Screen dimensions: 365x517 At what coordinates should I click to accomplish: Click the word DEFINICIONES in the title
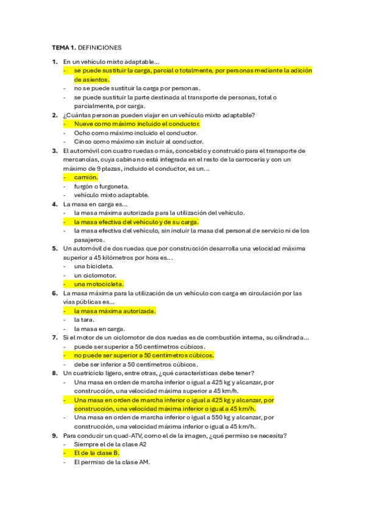pyautogui.click(x=101, y=47)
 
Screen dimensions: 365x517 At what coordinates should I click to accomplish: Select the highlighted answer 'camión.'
pyautogui.click(x=86, y=177)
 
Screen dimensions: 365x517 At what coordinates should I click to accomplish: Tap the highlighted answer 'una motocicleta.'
pyautogui.click(x=99, y=284)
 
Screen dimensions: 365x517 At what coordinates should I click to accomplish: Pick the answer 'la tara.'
pyautogui.click(x=84, y=319)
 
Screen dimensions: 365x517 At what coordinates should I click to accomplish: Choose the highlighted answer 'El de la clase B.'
pyautogui.click(x=97, y=453)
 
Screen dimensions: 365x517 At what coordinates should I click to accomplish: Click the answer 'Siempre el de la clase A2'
pyautogui.click(x=110, y=444)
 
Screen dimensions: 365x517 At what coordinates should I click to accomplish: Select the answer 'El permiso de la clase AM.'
pyautogui.click(x=112, y=462)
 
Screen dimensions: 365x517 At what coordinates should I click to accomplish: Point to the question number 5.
pyautogui.click(x=54, y=249)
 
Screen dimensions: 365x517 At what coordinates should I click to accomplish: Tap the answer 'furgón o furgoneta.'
pyautogui.click(x=101, y=186)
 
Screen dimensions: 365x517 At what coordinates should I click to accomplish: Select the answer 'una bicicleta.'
pyautogui.click(x=94, y=266)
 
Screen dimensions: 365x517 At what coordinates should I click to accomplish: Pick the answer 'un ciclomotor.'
pyautogui.click(x=94, y=275)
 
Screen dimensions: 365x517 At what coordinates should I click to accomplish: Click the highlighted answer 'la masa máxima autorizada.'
pyautogui.click(x=115, y=311)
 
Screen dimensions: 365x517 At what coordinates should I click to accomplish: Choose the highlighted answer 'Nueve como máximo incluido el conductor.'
pyautogui.click(x=137, y=124)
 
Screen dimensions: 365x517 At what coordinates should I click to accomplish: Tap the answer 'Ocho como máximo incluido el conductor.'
pyautogui.click(x=136, y=133)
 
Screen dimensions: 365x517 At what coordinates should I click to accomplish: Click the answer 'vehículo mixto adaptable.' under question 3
pyautogui.click(x=111, y=195)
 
